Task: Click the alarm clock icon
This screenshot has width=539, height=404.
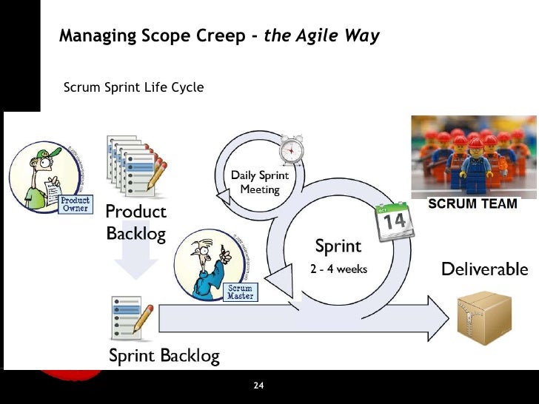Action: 290,151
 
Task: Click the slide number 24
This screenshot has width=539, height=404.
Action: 259,386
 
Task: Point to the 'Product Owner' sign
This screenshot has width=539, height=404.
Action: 75,203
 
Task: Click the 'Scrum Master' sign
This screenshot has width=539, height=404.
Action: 240,292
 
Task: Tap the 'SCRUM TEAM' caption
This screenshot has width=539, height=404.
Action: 473,203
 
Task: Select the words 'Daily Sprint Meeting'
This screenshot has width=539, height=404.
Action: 259,183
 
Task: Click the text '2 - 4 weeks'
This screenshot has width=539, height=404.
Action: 338,269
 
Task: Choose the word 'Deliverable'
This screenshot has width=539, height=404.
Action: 484,269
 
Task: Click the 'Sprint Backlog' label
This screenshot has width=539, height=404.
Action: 164,356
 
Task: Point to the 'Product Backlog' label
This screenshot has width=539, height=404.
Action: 136,223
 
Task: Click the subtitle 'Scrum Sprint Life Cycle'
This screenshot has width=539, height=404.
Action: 134,87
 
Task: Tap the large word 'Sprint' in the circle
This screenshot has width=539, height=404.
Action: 338,246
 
